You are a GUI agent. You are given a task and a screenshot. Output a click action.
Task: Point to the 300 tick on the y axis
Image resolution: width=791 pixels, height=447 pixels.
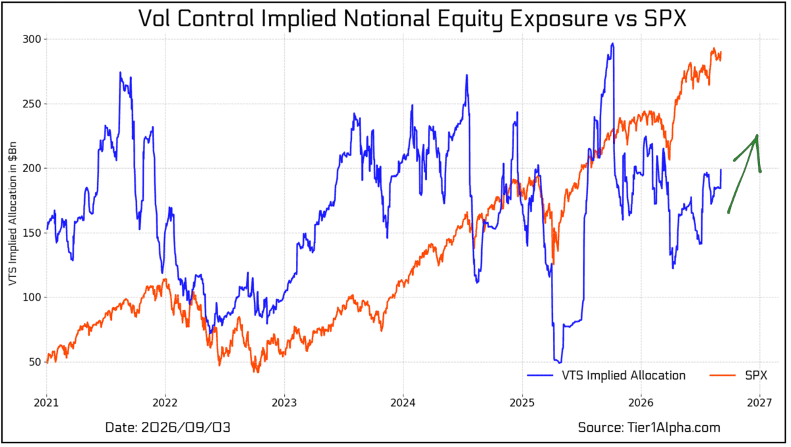click(x=32, y=39)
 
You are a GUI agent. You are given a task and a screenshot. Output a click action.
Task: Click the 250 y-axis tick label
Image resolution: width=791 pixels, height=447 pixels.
click(x=32, y=104)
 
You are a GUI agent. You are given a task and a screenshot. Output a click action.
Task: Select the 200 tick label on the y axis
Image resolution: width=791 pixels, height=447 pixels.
click(x=32, y=168)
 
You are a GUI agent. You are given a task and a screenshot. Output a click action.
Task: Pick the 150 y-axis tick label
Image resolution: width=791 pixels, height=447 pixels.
click(x=32, y=233)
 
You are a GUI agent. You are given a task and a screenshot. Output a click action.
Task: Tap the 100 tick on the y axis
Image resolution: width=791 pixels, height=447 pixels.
click(x=32, y=297)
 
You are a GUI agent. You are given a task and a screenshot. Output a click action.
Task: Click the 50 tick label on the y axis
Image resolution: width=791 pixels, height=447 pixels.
click(x=35, y=362)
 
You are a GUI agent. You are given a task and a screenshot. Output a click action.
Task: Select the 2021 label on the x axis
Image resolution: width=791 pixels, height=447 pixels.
click(x=46, y=403)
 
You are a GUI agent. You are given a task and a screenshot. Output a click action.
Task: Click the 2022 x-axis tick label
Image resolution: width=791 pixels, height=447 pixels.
click(x=165, y=403)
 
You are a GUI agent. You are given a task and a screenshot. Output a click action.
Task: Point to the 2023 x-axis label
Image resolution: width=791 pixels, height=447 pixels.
click(x=284, y=403)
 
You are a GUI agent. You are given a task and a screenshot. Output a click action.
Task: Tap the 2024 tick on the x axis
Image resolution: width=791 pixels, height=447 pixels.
click(x=403, y=403)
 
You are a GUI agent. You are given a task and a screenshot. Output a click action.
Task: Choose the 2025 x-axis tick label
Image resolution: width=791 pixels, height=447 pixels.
click(x=522, y=403)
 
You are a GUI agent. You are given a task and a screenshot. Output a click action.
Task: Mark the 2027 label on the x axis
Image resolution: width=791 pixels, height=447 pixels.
click(x=759, y=403)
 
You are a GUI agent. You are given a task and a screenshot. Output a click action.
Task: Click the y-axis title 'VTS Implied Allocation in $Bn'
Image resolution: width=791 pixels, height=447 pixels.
click(x=13, y=214)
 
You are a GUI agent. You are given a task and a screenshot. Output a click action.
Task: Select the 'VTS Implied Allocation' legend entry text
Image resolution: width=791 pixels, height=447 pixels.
click(x=624, y=375)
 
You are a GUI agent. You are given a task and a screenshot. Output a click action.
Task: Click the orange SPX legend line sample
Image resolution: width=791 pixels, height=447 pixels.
click(x=722, y=375)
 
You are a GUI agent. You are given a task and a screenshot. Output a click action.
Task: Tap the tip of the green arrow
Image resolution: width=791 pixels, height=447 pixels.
click(x=757, y=136)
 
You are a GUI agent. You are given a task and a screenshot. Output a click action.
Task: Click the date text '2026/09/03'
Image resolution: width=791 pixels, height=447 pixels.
click(x=186, y=428)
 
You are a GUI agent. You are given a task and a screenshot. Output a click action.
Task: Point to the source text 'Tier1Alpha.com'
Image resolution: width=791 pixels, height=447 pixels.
click(x=674, y=428)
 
